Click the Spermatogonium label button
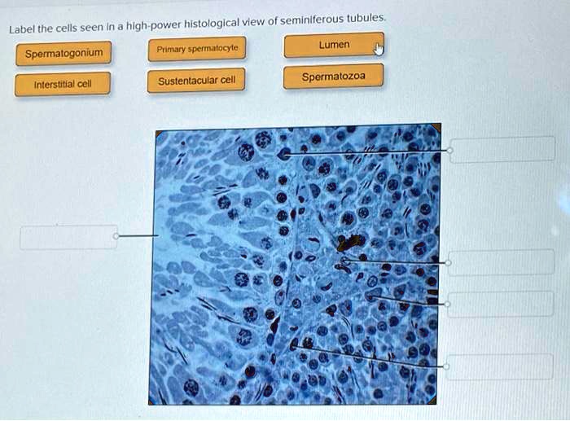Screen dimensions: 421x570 point(64,54)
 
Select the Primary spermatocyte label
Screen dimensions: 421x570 point(197,49)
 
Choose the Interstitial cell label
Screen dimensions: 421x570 point(62,84)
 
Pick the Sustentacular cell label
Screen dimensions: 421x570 point(197,80)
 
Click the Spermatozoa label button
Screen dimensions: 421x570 point(333,77)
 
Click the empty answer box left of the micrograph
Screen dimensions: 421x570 point(68,237)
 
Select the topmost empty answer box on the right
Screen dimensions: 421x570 point(501,150)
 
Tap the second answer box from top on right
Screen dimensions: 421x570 point(501,262)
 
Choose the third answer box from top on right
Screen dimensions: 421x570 point(501,304)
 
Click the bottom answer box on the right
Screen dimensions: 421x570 point(501,366)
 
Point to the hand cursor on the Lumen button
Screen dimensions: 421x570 point(378,50)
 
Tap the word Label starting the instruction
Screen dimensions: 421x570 point(23,30)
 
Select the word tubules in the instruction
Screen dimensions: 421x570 point(366,18)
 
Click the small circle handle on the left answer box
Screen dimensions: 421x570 point(116,236)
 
